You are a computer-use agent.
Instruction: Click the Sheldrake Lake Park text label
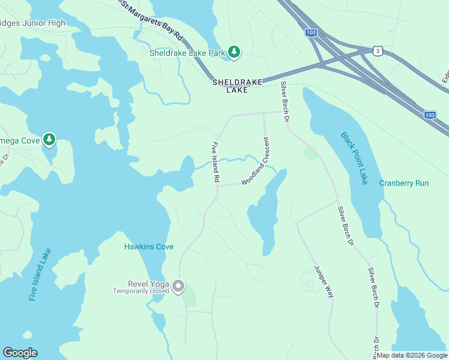pyautogui.click(x=187, y=53)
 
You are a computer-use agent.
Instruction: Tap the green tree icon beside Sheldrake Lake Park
pyautogui.click(x=234, y=53)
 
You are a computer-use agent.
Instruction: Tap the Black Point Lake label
pyautogui.click(x=354, y=158)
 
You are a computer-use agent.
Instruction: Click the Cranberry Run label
pyautogui.click(x=404, y=183)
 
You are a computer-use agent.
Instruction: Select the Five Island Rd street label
pyautogui.click(x=215, y=163)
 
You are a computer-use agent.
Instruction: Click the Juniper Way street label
pyautogui.click(x=323, y=282)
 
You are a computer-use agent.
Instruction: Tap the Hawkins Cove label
pyautogui.click(x=149, y=247)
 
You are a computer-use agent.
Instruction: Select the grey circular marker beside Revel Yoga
pyautogui.click(x=178, y=287)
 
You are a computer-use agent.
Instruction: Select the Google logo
pyautogui.click(x=20, y=353)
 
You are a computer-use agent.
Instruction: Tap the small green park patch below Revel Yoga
pyautogui.click(x=190, y=298)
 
